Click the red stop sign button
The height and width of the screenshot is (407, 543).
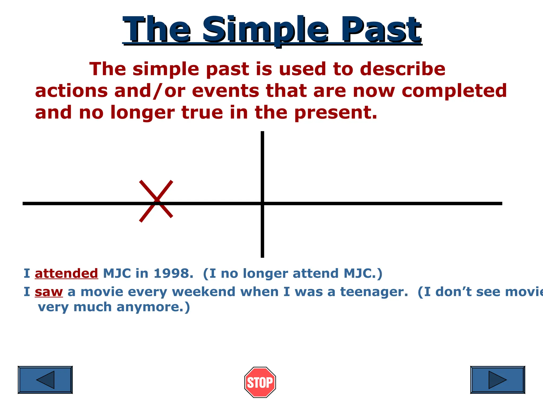[x=260, y=382]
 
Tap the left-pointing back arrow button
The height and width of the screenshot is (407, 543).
[x=45, y=380]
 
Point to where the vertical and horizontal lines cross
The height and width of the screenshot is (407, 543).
[x=262, y=203]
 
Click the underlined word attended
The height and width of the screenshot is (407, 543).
[x=66, y=273]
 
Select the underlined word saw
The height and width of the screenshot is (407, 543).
[x=49, y=292]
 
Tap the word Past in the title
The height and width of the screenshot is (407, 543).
[x=381, y=30]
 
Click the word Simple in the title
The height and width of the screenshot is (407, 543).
[x=265, y=30]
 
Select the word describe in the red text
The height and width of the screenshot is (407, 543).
[x=402, y=69]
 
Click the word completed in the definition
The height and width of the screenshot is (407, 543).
[x=454, y=91]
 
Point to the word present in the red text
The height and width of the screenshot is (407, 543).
[x=335, y=113]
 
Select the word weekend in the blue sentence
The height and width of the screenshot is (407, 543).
[x=204, y=292]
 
